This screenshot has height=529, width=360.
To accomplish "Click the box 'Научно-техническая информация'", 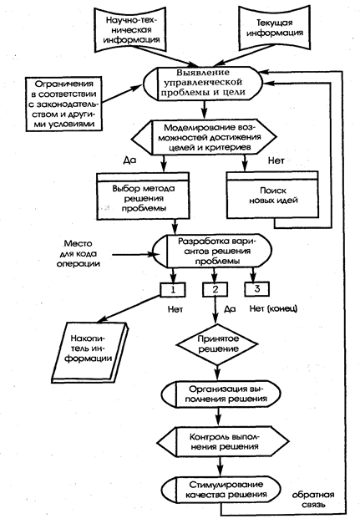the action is (131, 29).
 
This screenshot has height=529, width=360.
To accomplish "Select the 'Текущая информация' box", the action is (274, 28).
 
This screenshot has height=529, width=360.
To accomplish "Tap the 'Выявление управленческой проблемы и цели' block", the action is (203, 84).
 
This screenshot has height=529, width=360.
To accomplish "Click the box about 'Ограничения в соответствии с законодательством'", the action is (63, 104).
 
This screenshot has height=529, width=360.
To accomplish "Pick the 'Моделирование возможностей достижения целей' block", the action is (205, 138).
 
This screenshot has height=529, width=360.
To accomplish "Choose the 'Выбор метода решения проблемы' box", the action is (143, 196).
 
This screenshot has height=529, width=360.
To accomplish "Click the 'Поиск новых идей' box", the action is (272, 195).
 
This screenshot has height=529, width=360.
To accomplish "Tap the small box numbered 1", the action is (173, 289).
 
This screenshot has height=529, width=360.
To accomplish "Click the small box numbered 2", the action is (215, 289).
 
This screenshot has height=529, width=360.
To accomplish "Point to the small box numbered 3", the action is (257, 289).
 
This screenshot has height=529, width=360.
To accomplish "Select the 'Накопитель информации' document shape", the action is (89, 353).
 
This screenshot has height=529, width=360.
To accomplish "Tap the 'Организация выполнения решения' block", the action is (221, 394).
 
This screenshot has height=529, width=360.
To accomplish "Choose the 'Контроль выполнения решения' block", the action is (223, 442).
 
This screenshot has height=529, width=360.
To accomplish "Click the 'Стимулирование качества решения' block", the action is (221, 490).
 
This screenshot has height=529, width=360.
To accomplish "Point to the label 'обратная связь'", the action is (313, 500).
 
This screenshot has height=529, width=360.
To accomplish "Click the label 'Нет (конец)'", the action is (274, 308).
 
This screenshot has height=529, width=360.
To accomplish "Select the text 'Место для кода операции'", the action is (79, 253).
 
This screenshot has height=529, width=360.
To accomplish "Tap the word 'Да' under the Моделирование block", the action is (129, 160).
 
